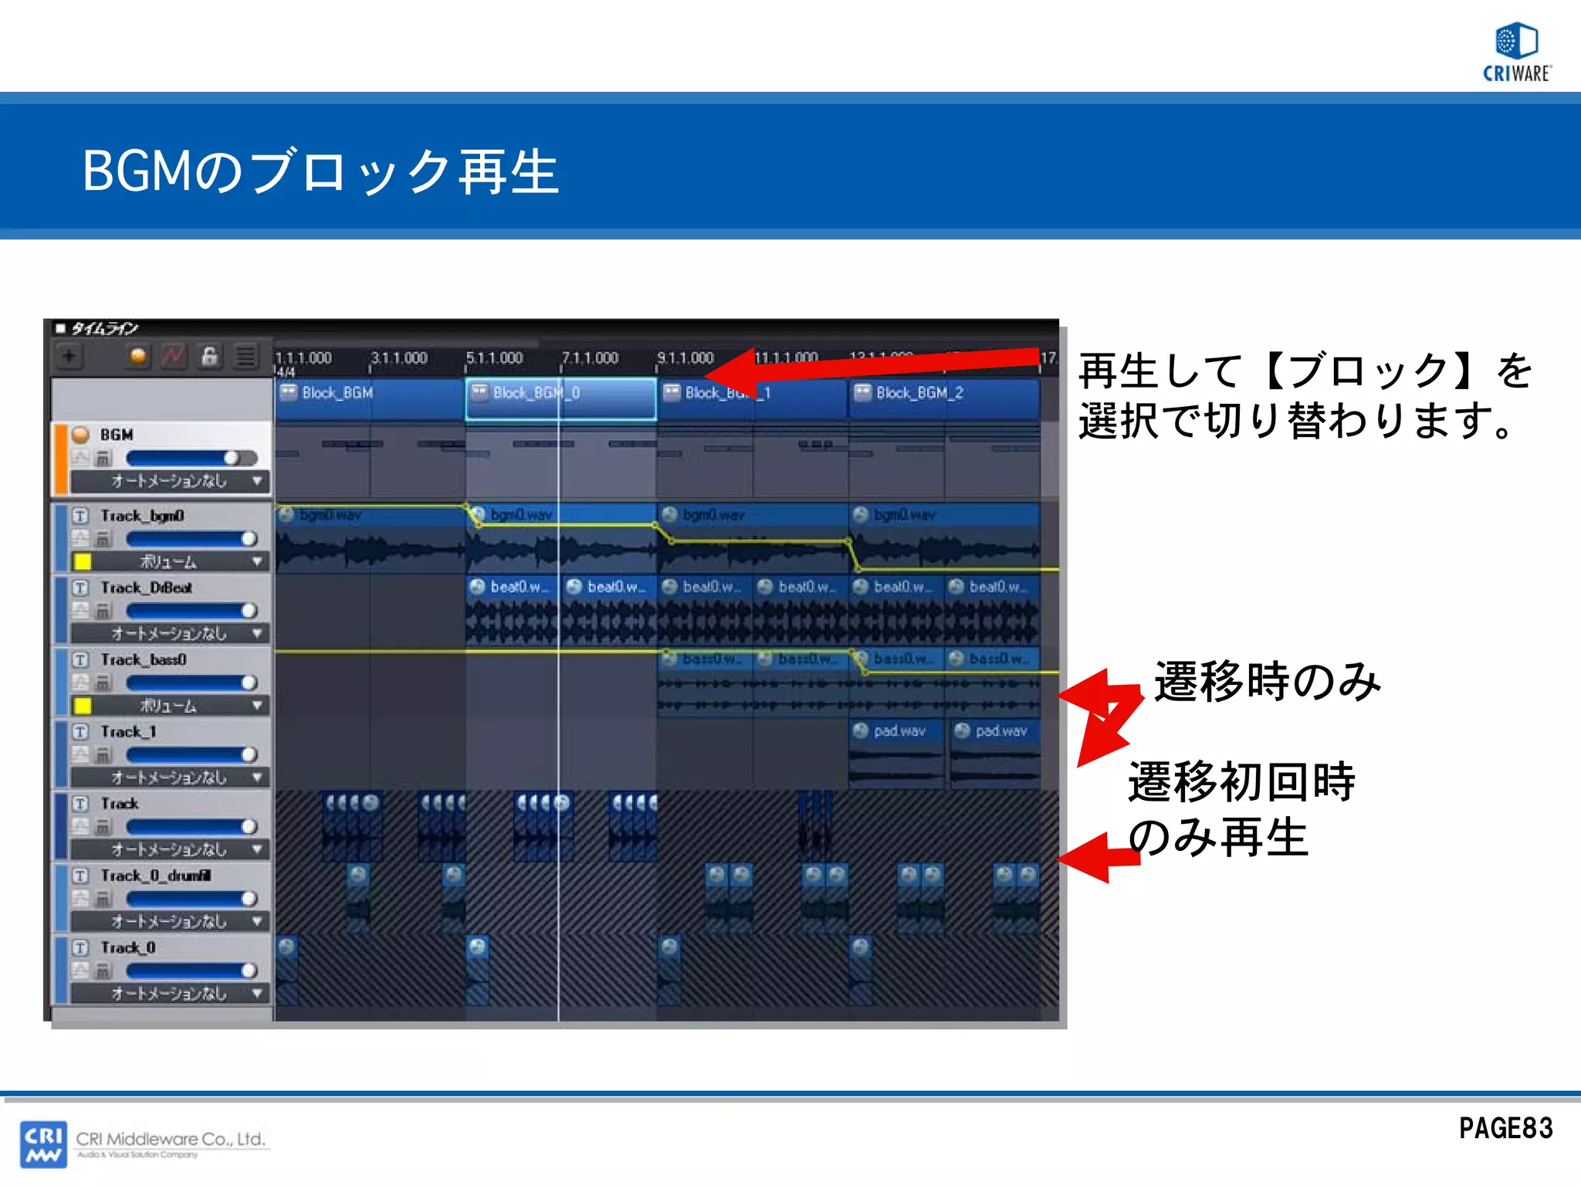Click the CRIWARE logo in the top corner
tap(1517, 52)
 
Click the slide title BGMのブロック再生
tap(320, 171)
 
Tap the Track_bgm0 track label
tap(142, 516)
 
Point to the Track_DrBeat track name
tap(146, 588)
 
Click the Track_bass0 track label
tap(144, 660)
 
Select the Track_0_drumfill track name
tap(155, 876)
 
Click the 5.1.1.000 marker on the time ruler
tap(494, 358)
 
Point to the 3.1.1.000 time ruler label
tap(398, 358)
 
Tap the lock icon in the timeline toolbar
tap(209, 356)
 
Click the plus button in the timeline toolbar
tap(69, 357)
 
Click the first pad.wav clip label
tap(899, 731)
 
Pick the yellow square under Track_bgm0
tap(82, 561)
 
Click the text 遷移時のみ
tap(1267, 682)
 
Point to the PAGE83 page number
tap(1505, 1129)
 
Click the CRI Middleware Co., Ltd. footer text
tap(171, 1139)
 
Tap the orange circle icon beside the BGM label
tap(80, 435)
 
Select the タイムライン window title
tap(104, 329)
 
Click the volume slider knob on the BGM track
tap(231, 458)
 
